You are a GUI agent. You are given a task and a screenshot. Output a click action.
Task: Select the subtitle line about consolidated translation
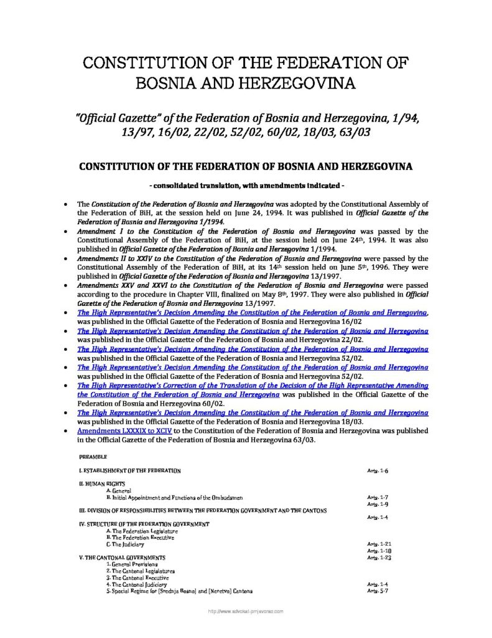pos(246,186)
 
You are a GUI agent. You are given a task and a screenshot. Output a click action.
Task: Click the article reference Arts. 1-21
pos(379,545)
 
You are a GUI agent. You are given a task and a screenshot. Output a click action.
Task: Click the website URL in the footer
pos(246,612)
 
